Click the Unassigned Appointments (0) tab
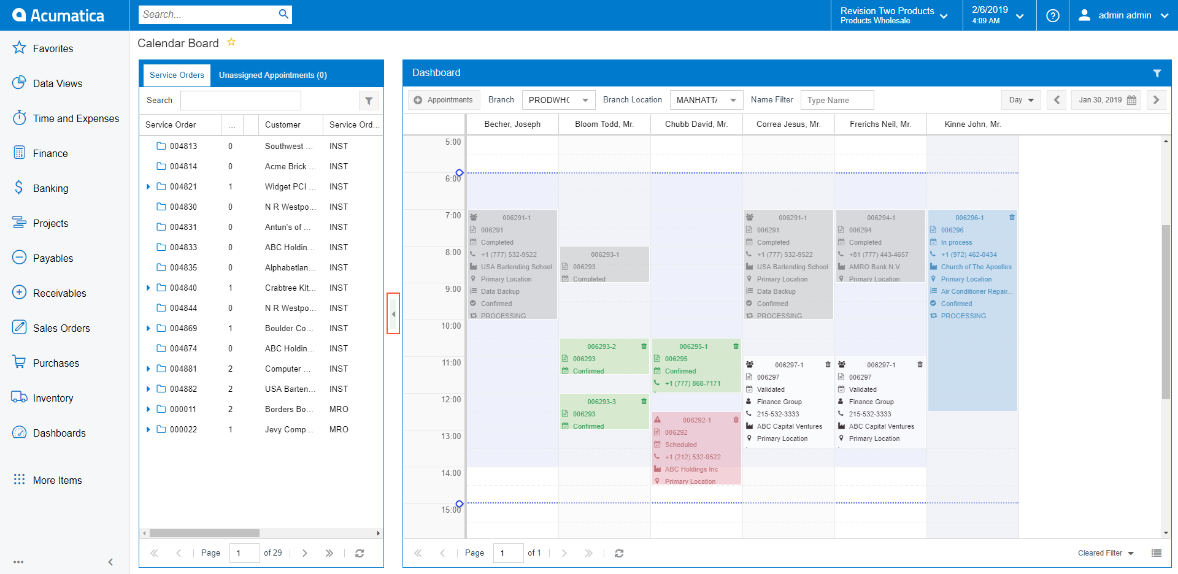click(x=272, y=75)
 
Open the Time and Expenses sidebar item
click(x=75, y=118)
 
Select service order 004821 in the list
click(x=183, y=186)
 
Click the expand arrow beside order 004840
click(x=148, y=288)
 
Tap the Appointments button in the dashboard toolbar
click(x=443, y=100)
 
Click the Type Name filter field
click(x=836, y=100)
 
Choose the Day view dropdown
click(x=1021, y=100)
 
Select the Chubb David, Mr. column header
click(x=696, y=124)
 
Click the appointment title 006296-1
click(x=969, y=218)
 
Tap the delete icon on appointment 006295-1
click(x=736, y=346)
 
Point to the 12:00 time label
click(x=451, y=400)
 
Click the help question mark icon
click(x=1053, y=15)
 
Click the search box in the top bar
click(x=209, y=15)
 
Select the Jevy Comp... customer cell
click(x=288, y=429)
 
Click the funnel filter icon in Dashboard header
click(x=1157, y=73)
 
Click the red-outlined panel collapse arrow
click(x=393, y=314)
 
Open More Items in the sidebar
click(x=57, y=480)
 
